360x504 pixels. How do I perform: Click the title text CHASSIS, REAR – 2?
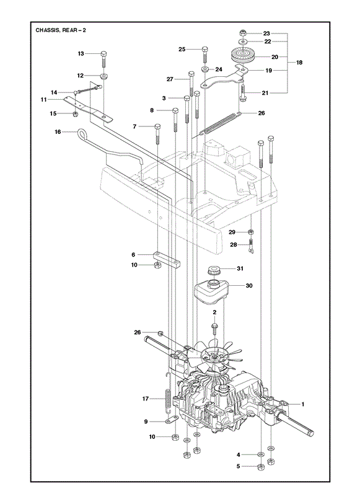[61, 30]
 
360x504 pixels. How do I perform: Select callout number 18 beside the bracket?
[299, 63]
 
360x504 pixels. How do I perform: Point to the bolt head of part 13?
[103, 53]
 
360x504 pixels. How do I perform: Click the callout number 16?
[58, 131]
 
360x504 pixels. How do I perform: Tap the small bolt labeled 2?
[214, 329]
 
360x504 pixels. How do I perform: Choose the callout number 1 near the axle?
[302, 404]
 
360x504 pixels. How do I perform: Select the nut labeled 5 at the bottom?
[261, 467]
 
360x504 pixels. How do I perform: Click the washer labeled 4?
[261, 454]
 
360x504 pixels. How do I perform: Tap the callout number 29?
[232, 232]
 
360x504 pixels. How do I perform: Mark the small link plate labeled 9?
[172, 419]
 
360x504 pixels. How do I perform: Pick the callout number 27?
[170, 79]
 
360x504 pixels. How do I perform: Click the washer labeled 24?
[204, 69]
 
